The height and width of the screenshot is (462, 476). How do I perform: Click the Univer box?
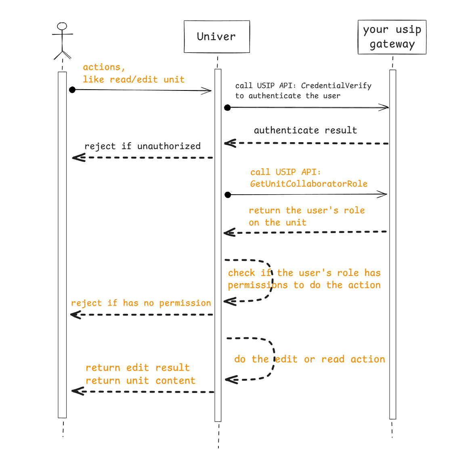tap(217, 37)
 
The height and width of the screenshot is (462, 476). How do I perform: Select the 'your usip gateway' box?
tap(392, 37)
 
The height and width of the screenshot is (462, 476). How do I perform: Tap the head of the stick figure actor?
tap(62, 26)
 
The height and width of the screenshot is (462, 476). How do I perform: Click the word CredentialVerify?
tap(336, 86)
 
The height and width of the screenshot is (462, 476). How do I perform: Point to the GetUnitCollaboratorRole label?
tap(308, 184)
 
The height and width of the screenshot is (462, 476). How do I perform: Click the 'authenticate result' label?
tap(305, 130)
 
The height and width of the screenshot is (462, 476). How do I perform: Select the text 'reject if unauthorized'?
tap(142, 146)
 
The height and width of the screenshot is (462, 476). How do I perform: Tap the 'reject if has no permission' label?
tap(141, 303)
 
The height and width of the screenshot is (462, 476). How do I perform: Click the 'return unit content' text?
tap(140, 381)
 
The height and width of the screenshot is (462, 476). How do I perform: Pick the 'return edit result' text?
tap(137, 368)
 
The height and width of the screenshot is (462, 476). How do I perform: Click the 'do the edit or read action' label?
tap(309, 359)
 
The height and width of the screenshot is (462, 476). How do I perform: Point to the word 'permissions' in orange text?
tap(258, 285)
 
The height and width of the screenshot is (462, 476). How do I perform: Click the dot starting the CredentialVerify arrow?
tap(227, 107)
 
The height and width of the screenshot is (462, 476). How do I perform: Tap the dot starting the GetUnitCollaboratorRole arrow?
tap(228, 195)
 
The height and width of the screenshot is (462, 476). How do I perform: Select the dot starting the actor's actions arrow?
tap(72, 90)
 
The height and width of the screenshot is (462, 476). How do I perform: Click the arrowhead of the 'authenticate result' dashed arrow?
tap(229, 143)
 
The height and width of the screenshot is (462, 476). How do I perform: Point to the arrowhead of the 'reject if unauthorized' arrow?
tap(78, 157)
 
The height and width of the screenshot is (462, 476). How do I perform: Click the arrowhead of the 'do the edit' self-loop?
tap(231, 379)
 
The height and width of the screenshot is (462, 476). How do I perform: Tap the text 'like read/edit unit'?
tap(134, 80)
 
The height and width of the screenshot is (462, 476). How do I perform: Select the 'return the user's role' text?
tap(306, 210)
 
